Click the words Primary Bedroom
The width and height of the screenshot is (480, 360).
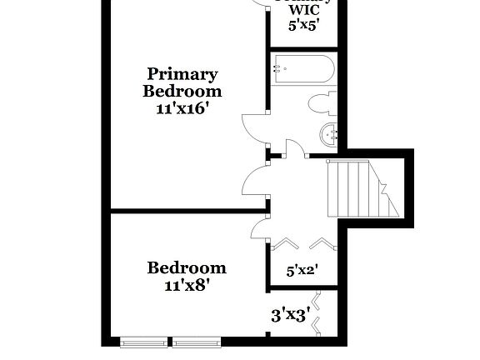(182, 82)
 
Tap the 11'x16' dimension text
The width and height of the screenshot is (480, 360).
(182, 108)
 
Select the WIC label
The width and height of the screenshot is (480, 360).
(303, 10)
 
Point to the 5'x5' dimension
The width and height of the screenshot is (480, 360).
(303, 25)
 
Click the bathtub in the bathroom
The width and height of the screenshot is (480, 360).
(302, 68)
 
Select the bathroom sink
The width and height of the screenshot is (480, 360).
(330, 133)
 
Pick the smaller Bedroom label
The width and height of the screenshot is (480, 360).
(187, 267)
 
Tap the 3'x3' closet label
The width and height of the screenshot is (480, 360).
(291, 315)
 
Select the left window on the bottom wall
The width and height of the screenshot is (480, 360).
(146, 341)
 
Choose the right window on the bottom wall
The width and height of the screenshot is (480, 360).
(197, 341)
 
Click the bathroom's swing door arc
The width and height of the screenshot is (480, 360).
(292, 147)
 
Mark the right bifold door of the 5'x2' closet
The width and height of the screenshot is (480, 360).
(321, 243)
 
